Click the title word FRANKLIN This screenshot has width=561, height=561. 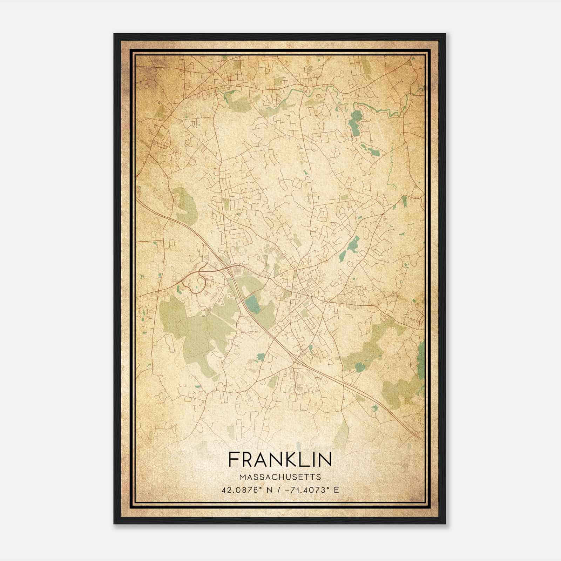pos(280,459)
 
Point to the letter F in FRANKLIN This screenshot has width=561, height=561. pos(234,459)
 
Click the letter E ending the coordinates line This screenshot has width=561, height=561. pos(337,490)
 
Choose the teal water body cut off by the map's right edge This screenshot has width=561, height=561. pos(421,359)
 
